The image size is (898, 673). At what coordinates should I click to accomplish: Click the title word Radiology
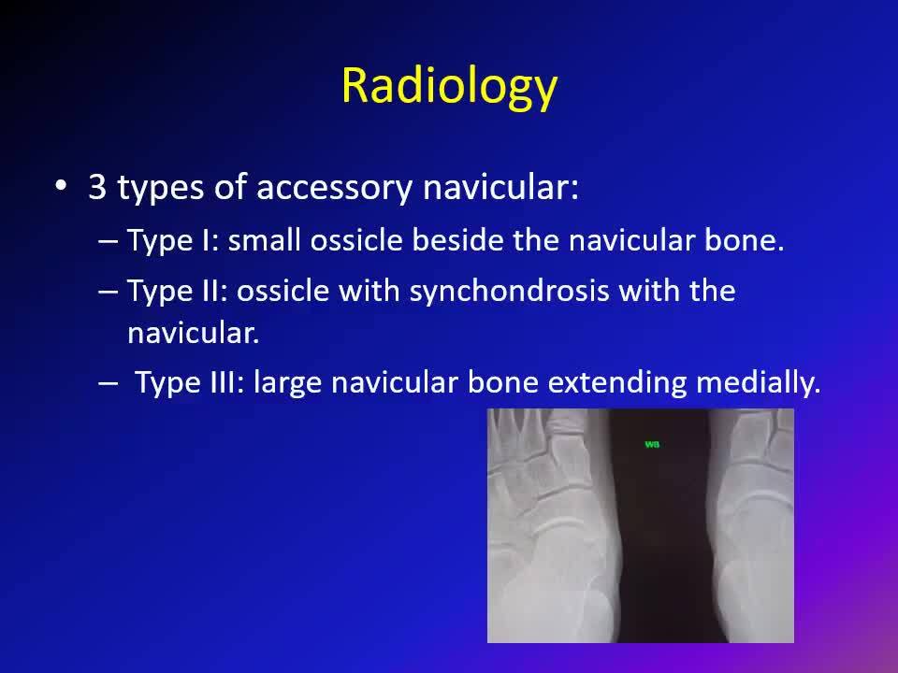click(449, 86)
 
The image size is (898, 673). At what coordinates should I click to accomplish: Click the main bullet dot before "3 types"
click(61, 186)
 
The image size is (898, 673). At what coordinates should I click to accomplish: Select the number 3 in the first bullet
click(97, 187)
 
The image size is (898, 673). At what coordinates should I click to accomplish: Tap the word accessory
click(333, 188)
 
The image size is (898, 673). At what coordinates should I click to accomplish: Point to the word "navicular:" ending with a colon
click(500, 187)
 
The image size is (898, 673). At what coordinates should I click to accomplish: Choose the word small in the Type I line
click(264, 239)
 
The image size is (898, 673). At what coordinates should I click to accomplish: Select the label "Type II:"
click(178, 292)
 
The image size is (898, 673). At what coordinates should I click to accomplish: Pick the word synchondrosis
click(509, 292)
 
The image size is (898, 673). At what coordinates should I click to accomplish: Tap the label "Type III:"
click(190, 383)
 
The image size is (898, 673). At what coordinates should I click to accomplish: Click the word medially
click(759, 383)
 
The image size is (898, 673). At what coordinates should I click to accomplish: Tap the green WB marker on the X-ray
click(652, 444)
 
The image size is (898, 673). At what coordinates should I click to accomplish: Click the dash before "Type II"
click(108, 292)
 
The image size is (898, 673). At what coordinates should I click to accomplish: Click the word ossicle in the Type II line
click(282, 291)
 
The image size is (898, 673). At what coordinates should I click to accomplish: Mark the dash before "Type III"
click(108, 383)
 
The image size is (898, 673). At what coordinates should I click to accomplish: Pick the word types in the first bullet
click(160, 188)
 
